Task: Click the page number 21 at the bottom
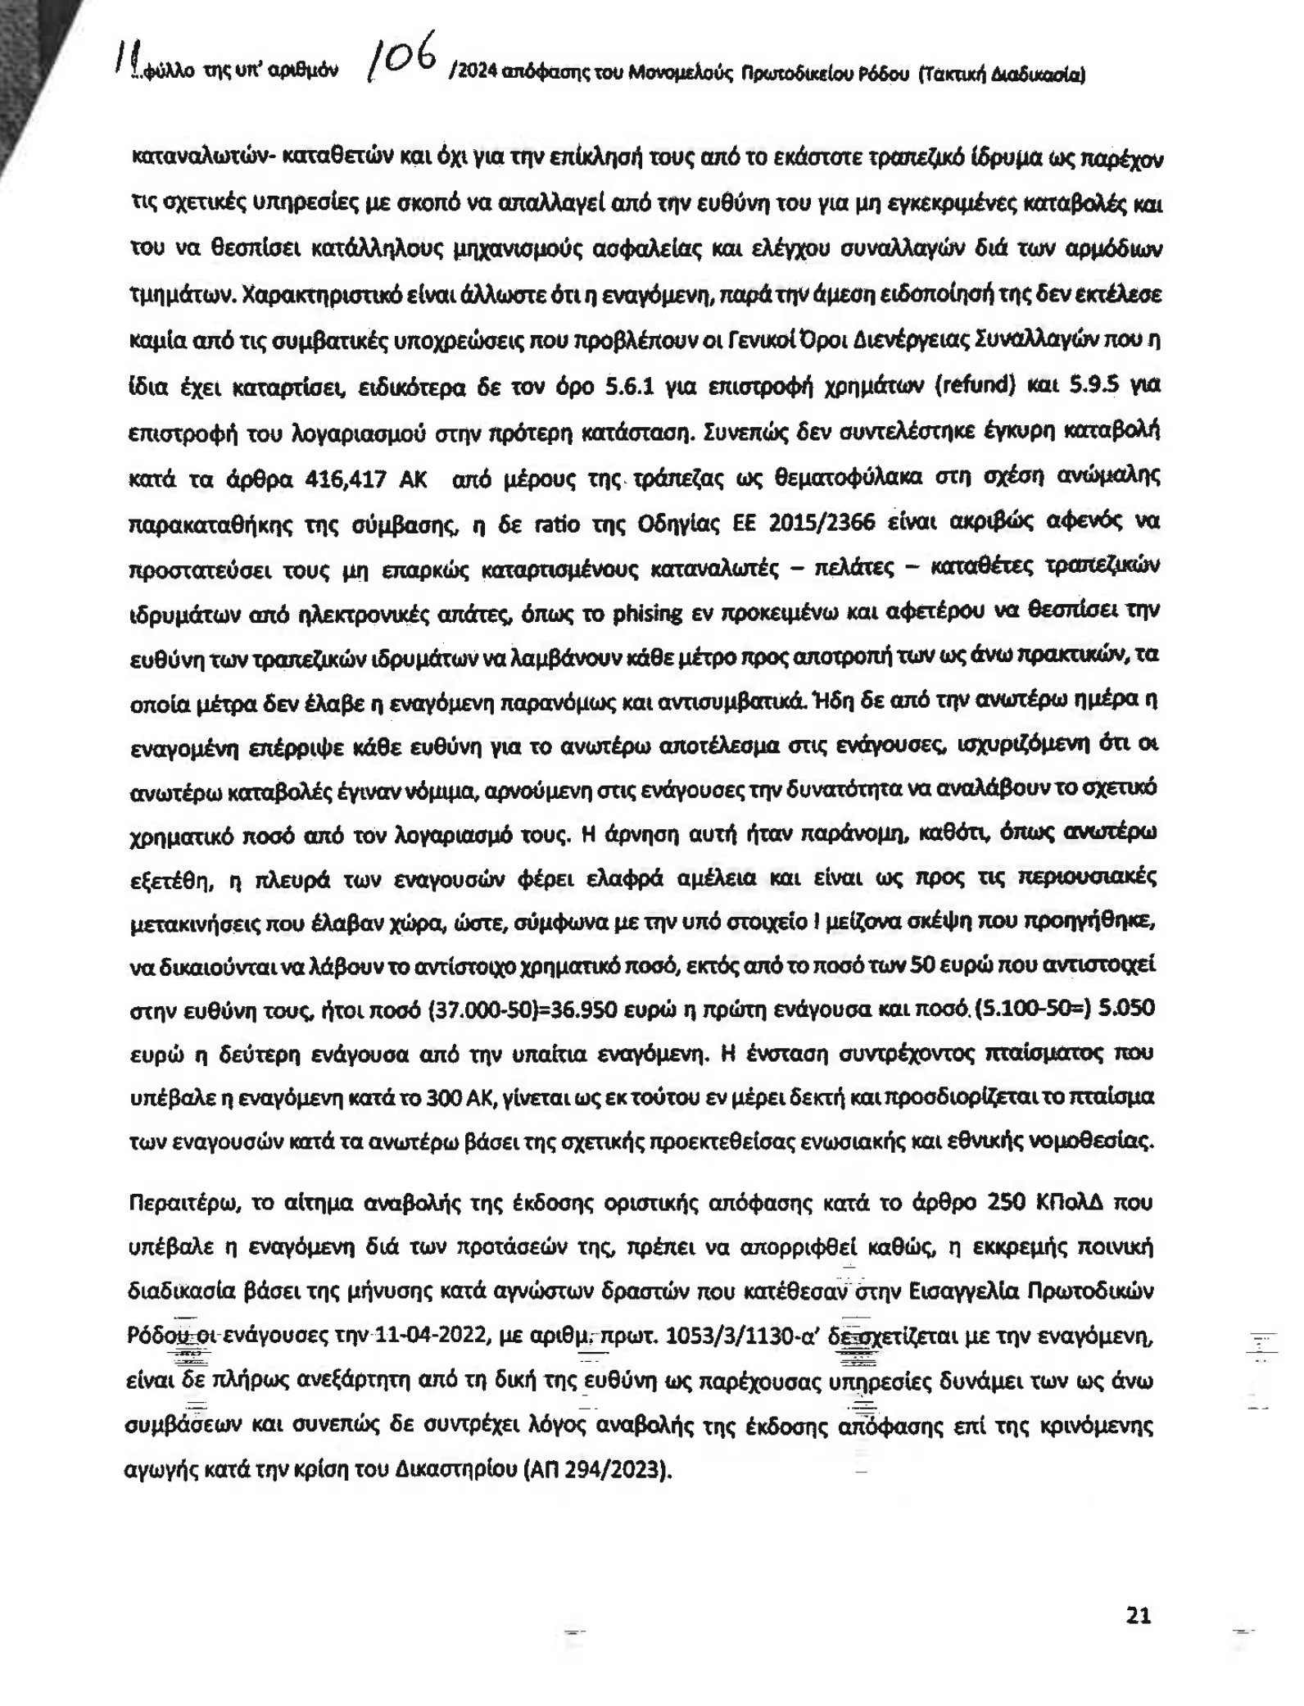(1139, 1615)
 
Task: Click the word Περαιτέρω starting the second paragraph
(184, 1203)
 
